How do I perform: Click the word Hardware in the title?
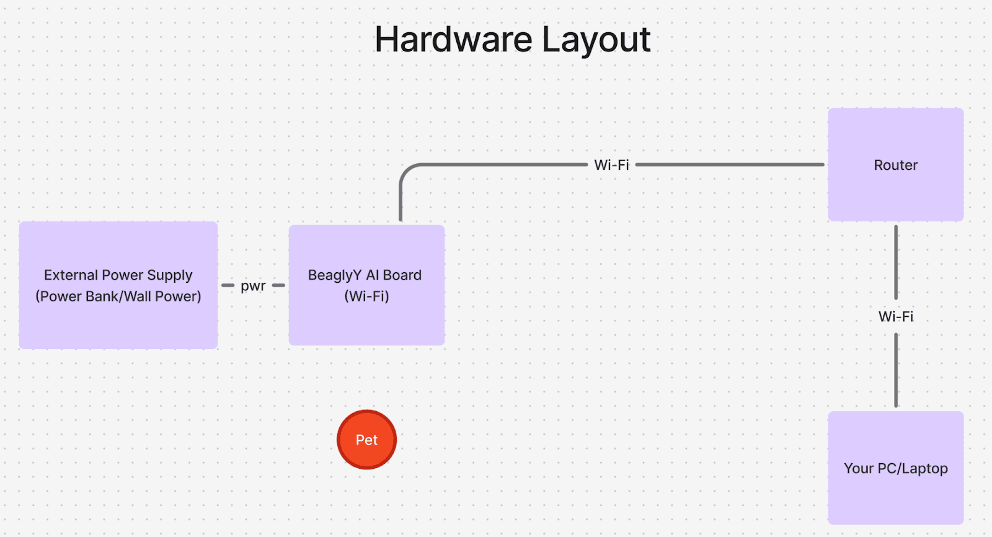pos(453,40)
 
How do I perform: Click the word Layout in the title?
pos(596,40)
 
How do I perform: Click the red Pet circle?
pos(366,440)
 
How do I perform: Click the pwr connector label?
pos(253,286)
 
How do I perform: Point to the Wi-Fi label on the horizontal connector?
pos(611,165)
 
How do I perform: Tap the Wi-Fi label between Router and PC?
pos(896,316)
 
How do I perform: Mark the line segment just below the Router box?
pos(896,260)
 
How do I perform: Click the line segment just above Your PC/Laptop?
pos(896,372)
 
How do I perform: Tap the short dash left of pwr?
pos(228,286)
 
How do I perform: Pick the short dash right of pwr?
pos(278,286)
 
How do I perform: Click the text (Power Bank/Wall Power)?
pos(118,296)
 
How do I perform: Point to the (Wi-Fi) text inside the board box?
pos(366,296)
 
